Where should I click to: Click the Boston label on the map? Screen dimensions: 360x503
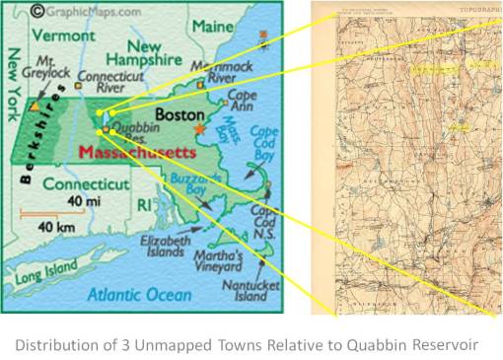tap(180, 113)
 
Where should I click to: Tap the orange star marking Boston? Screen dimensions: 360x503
tap(203, 129)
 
